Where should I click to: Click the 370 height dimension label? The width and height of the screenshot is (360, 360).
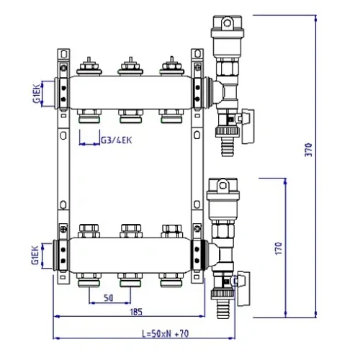coord(308,150)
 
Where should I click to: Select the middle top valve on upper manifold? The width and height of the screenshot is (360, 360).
coord(130,67)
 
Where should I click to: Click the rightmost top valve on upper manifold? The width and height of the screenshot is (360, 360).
coord(170,67)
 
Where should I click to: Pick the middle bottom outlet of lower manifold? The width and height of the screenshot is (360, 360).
coord(130,277)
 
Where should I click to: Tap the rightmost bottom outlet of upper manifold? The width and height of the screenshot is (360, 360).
coord(170,115)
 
